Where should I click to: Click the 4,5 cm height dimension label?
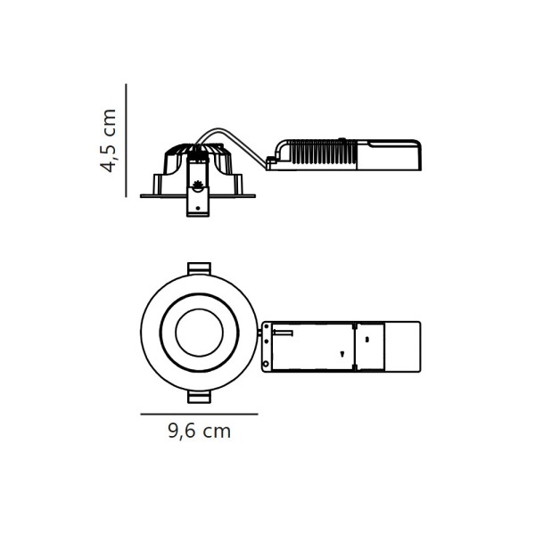pos(109,140)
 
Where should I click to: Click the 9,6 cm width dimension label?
pos(199,432)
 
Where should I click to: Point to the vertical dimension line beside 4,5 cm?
pos(126,140)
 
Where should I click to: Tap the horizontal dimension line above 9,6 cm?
pos(199,414)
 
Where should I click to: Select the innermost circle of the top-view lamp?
pos(199,332)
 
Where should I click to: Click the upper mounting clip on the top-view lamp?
pos(199,267)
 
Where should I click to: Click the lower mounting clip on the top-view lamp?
pos(199,397)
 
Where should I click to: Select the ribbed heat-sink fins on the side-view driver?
pos(321,155)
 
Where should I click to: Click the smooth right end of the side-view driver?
pos(392,155)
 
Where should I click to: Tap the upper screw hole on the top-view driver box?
pos(266,330)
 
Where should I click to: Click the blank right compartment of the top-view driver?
pos(401,347)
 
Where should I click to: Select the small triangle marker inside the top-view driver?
pos(342,355)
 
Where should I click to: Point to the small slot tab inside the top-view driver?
pos(283,333)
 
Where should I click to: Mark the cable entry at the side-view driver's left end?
pos(271,162)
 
